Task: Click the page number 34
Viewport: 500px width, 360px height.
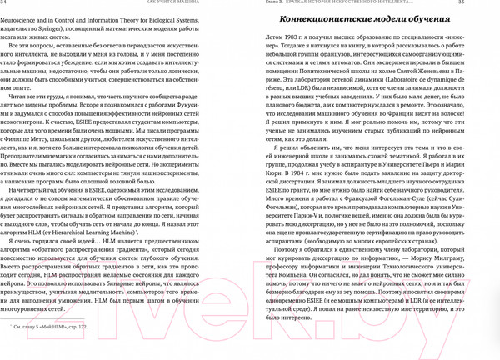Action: [x=8, y=4]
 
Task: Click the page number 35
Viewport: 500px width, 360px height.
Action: [x=491, y=4]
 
